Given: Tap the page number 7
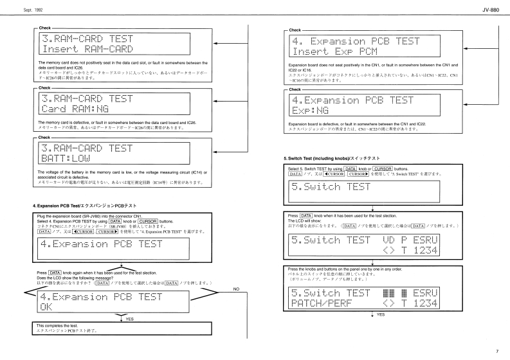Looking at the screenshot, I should pos(496,351).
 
